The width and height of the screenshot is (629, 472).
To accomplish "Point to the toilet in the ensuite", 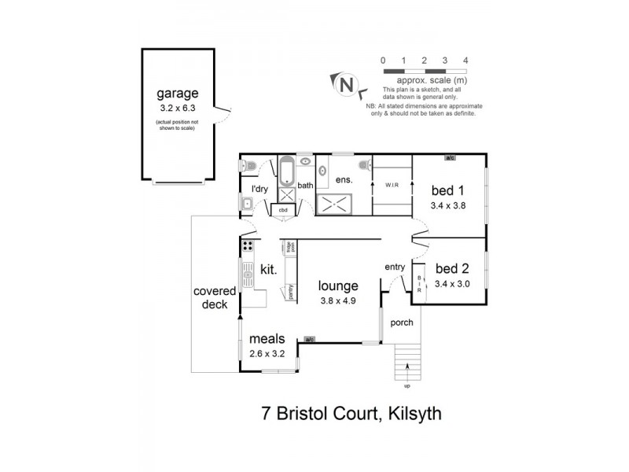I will point(366,165).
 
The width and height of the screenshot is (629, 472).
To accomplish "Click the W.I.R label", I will point(392,186).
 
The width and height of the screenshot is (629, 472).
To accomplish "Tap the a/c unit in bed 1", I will point(450,157).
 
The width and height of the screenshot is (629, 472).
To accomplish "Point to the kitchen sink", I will point(248,276).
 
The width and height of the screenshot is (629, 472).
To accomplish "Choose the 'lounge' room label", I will point(338,286).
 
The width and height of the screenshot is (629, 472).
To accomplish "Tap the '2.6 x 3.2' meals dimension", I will point(267,353).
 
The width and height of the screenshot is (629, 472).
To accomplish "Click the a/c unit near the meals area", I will point(310,340).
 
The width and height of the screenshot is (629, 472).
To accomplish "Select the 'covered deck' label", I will point(215,297).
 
